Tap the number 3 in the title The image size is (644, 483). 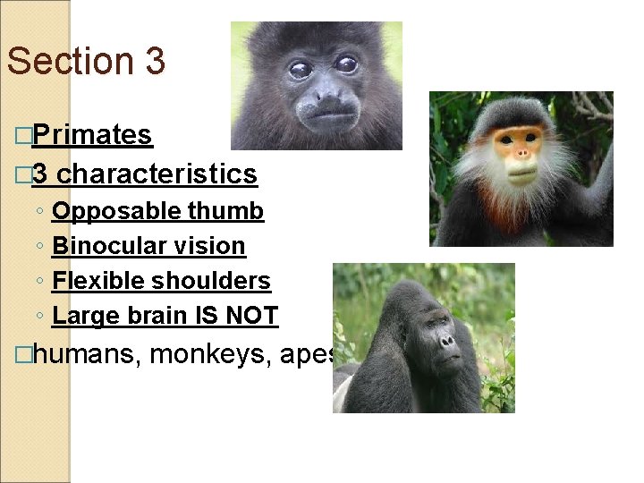[x=152, y=61]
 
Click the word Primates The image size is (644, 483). [x=94, y=135]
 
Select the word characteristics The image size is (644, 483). [x=157, y=174]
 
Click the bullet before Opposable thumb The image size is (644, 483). [x=41, y=212]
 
